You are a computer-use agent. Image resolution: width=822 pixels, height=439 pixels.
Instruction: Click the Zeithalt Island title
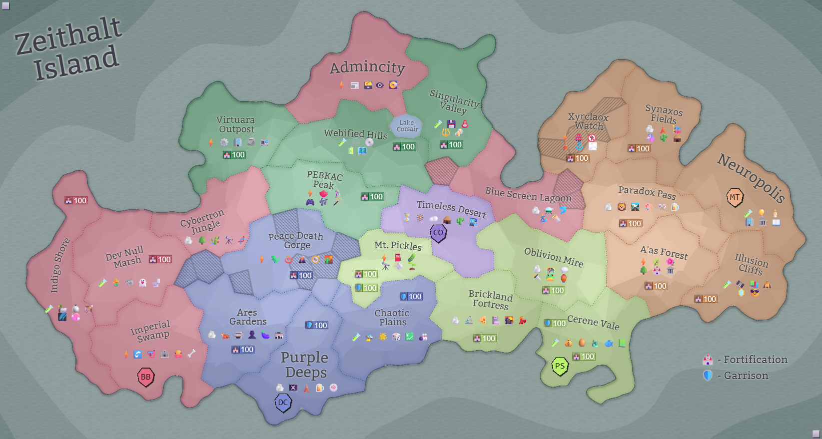coord(68,48)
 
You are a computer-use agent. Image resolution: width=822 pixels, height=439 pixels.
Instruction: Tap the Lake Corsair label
coord(407,126)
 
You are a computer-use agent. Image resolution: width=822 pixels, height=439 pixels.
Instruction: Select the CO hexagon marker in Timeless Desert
coord(438,233)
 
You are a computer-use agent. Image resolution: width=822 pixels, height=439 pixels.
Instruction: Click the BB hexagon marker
coord(145,377)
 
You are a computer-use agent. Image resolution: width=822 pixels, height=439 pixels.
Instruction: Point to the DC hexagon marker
coord(283,403)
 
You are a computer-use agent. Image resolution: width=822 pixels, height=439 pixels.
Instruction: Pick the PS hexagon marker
coord(560,366)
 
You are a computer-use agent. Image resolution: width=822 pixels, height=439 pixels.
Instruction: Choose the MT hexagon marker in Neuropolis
coord(735,197)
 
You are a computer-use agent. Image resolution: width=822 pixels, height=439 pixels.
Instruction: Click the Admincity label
coord(367,67)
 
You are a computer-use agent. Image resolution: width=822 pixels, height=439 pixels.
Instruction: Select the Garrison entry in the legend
coord(746,376)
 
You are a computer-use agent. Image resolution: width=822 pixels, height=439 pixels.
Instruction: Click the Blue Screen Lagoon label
coord(528,194)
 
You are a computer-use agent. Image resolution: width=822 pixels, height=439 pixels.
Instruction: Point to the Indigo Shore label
coord(59,265)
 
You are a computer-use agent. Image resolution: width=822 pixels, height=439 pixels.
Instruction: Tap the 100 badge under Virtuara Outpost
coord(234,155)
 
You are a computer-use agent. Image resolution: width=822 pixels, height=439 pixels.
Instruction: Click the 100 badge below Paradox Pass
coord(631,223)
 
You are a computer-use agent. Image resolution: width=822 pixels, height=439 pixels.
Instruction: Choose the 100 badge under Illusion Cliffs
coord(706,299)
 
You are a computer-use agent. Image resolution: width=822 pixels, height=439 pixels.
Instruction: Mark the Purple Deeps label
coord(305,365)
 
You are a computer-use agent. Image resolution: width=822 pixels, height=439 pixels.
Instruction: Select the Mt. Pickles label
coord(398,245)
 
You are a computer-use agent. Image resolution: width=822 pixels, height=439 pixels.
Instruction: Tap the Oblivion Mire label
coord(554,257)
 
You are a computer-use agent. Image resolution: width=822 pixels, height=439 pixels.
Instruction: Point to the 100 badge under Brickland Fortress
coord(484,339)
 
